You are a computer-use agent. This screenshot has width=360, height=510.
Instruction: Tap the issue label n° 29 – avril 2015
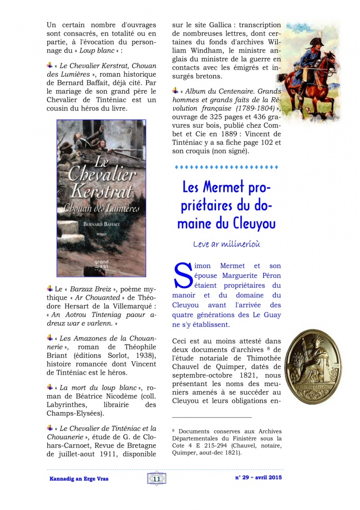click(x=258, y=478)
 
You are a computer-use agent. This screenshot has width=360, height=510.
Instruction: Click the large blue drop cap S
click(x=183, y=275)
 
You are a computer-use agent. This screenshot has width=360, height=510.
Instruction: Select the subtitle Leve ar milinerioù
click(x=226, y=244)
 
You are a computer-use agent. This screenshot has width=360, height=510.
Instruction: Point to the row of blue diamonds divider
click(x=226, y=167)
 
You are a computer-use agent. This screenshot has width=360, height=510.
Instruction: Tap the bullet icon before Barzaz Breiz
click(x=50, y=288)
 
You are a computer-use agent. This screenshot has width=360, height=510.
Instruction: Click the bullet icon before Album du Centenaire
click(x=175, y=91)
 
